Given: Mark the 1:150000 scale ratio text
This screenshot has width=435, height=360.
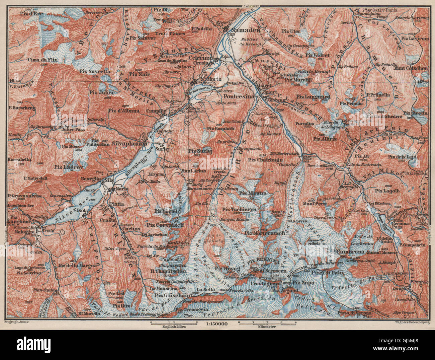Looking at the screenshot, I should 214,323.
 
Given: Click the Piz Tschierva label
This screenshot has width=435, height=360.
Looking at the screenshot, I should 239,210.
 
